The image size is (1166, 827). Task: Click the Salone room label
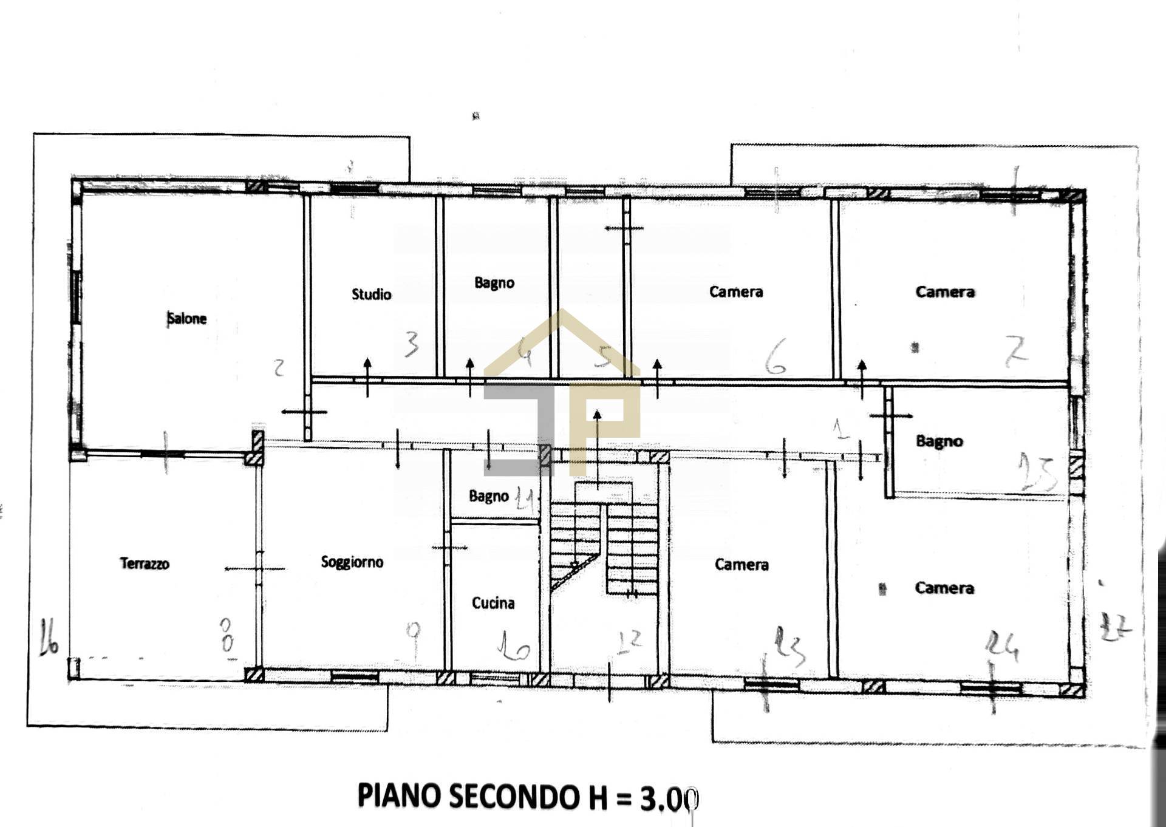point(187,318)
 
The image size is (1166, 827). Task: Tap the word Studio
point(372,294)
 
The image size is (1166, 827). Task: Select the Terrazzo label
point(145,563)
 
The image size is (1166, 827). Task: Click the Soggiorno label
point(352,562)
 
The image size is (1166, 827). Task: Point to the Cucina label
point(493,603)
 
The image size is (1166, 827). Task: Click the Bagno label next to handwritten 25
point(939,441)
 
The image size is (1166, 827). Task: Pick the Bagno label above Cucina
point(489,496)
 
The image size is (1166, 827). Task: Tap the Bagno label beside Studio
point(494,283)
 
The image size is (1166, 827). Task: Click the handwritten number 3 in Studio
point(412,344)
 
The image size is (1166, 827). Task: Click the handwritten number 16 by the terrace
point(49,638)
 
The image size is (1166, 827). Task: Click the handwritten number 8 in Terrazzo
point(227,635)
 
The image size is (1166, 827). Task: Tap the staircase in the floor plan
point(604,546)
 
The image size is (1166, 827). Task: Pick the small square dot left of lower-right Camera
point(882,588)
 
